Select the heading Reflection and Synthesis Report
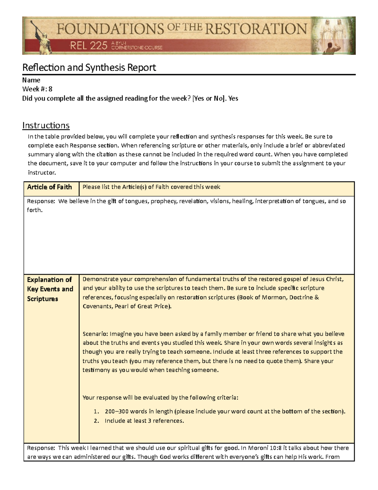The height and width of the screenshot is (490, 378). [x=89, y=68]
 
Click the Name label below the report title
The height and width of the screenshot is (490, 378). [x=31, y=80]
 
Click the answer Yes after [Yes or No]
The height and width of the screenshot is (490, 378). [x=233, y=98]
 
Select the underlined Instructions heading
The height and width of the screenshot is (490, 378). [x=46, y=126]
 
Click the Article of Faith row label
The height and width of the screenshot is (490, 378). [x=49, y=187]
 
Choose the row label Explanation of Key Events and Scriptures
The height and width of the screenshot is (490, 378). [x=50, y=289]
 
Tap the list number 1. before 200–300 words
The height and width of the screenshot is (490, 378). [x=96, y=411]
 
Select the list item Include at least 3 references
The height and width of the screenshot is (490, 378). [x=144, y=421]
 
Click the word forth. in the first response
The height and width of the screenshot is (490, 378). [x=35, y=210]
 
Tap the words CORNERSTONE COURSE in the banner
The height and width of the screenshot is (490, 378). [x=137, y=48]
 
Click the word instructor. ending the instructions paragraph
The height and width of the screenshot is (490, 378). [x=42, y=173]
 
